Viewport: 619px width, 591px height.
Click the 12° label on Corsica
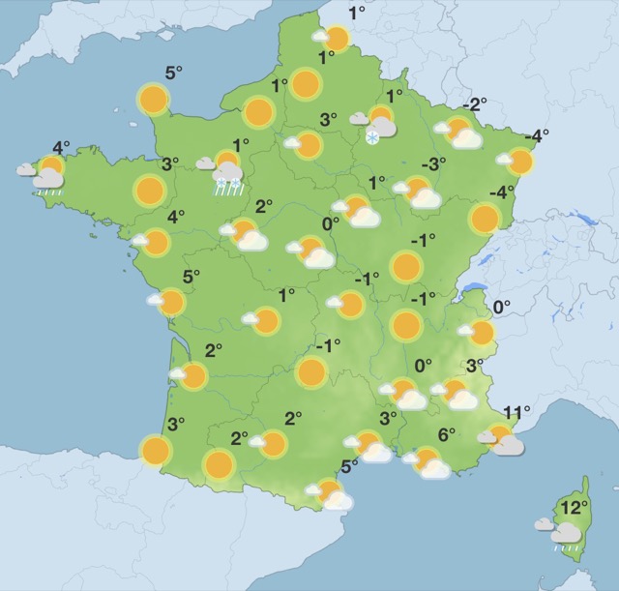575,507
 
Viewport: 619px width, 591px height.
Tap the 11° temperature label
516,413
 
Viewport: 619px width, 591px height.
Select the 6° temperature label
446,435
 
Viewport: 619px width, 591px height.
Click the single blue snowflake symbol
372,139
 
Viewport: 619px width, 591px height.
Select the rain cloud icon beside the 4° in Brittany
46,178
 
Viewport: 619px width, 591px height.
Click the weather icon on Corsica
566,530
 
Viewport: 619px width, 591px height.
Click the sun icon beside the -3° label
419,191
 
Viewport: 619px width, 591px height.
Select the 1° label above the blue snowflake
395,95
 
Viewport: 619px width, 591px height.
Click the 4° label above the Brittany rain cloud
61,148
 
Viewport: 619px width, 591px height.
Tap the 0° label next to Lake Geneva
501,308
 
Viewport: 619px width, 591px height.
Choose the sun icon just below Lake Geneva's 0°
481,333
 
